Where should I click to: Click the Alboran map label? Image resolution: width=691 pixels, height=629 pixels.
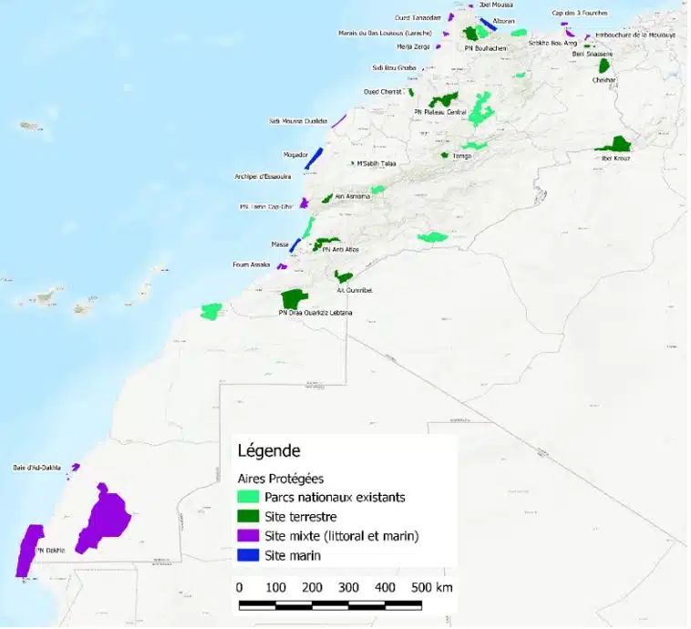coord(503,21)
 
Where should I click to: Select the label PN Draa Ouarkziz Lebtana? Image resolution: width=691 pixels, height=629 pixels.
coord(315,313)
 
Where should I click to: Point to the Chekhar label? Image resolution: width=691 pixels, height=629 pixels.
coord(603,80)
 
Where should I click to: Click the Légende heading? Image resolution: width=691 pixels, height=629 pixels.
coord(269,450)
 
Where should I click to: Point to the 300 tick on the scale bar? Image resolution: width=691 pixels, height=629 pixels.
coord(348,587)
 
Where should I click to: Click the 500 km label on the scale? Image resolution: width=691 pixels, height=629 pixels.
coord(432,587)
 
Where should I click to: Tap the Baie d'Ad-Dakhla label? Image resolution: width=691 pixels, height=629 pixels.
coord(37,468)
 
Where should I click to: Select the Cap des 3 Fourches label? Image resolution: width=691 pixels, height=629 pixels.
coord(579,13)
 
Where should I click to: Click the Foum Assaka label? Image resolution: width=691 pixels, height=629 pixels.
coord(252,265)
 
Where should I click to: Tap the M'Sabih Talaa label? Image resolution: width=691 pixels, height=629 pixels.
coord(376,163)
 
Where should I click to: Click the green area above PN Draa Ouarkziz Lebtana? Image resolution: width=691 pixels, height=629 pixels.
coord(294,298)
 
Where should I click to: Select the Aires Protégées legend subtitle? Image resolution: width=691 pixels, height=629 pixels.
coord(281,478)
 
